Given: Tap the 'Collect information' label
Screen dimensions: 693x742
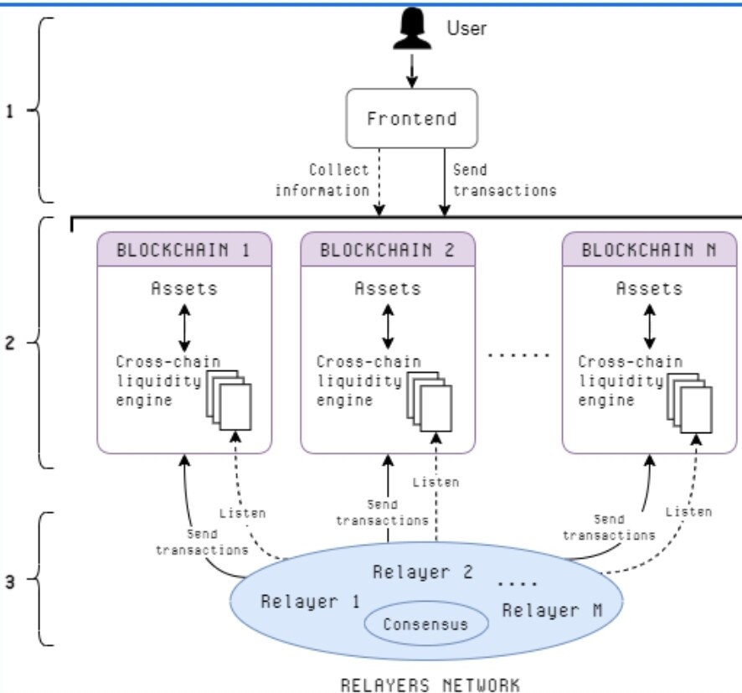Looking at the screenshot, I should coord(322,179).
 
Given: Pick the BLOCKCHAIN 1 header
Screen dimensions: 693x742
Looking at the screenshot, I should coord(185,249).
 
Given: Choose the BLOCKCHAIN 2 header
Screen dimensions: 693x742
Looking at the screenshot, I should coord(387,249).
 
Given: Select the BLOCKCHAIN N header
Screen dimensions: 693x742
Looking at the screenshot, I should coord(648,249).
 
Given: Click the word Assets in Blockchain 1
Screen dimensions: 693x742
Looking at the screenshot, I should coord(184,289).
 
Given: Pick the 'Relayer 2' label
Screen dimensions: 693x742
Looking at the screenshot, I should coord(423,573).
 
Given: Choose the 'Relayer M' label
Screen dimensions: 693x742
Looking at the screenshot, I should coord(552,609).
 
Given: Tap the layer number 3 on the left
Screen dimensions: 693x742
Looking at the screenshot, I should coord(10,580).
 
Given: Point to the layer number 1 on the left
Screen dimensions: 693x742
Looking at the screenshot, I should coord(10,111).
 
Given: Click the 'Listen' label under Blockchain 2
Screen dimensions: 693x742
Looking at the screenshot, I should coord(435,482).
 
